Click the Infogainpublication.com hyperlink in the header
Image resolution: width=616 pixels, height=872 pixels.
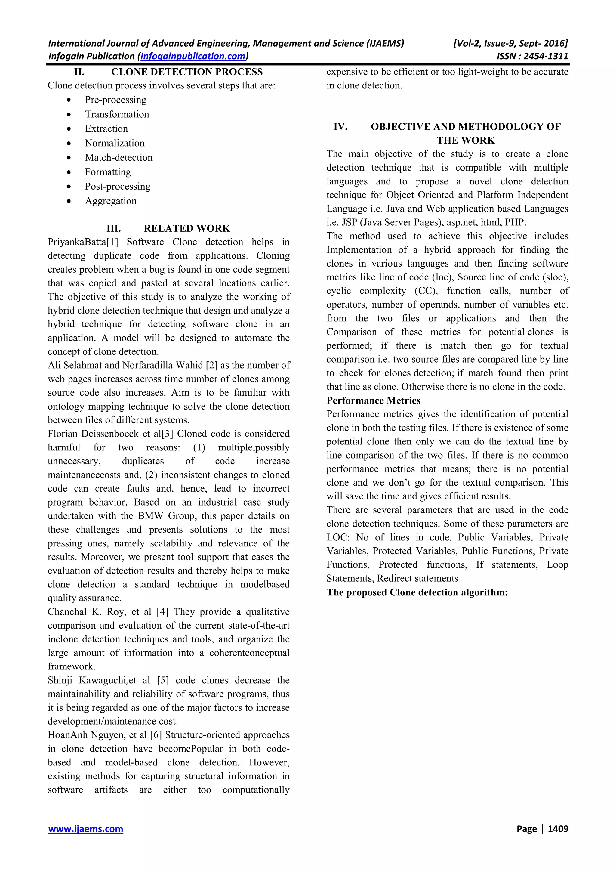pos(193,56)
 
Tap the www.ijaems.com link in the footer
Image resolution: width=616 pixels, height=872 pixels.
pos(85,829)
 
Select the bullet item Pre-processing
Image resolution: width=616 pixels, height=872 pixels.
pos(115,100)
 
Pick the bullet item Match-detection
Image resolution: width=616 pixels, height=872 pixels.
pos(119,158)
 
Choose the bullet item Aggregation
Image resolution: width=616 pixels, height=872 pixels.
pos(110,201)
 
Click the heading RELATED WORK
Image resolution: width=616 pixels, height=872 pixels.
pos(187,228)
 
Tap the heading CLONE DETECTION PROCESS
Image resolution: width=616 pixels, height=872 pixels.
pos(187,72)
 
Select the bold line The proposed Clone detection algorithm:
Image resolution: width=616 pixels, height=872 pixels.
pos(417,592)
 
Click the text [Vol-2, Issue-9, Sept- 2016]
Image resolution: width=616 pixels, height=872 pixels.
pos(510,43)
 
